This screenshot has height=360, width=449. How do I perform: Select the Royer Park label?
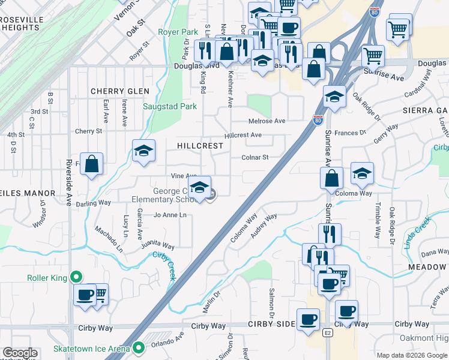pyautogui.click(x=178, y=32)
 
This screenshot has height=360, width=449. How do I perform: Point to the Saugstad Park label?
pyautogui.click(x=170, y=107)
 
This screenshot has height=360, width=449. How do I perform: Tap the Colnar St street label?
pyautogui.click(x=254, y=158)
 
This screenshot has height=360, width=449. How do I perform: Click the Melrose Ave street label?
pyautogui.click(x=267, y=121)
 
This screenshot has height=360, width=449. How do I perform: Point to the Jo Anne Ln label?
pyautogui.click(x=170, y=215)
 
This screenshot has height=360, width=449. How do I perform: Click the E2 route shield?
pyautogui.click(x=328, y=332)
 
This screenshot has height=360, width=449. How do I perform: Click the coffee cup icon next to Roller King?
pyautogui.click(x=85, y=295)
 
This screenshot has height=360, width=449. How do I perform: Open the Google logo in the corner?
pyautogui.click(x=19, y=353)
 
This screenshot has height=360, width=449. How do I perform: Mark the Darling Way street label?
pyautogui.click(x=93, y=203)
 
